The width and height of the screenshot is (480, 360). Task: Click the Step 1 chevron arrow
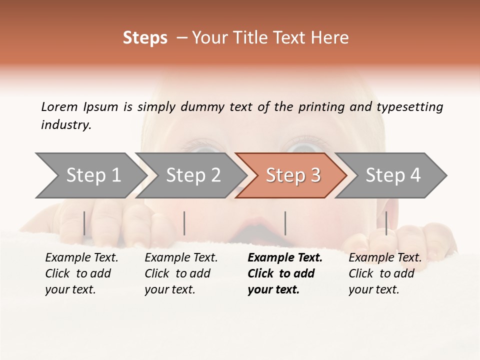90,175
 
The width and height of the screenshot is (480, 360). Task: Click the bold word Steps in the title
145,38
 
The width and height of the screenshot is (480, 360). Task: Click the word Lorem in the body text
59,106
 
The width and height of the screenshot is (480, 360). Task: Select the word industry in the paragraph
66,125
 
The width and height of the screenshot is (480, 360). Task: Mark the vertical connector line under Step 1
84,223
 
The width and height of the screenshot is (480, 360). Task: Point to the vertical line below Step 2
184,223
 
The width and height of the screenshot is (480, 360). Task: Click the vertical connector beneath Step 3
285,223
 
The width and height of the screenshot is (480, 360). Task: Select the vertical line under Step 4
386,223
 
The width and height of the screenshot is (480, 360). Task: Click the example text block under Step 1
81,273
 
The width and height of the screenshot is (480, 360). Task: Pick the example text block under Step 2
180,273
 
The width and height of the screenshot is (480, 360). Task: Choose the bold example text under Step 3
284,273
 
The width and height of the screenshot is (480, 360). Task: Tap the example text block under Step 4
384,273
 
